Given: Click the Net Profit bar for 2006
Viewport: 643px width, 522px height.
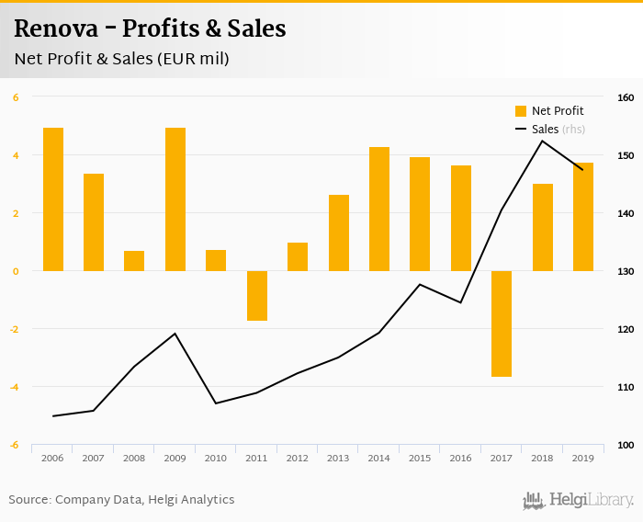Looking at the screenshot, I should coord(53,199).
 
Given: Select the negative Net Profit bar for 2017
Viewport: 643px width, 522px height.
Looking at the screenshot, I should coord(502,323).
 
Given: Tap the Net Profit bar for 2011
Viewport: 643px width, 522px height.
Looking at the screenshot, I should coord(257,296).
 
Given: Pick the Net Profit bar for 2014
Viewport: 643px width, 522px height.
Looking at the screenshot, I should coord(379,209).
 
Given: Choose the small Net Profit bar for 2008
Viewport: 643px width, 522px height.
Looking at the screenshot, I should coord(134,261).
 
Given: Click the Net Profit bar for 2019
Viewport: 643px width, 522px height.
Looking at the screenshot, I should coord(583,217).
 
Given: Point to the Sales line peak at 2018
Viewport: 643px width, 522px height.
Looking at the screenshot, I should coord(542,141).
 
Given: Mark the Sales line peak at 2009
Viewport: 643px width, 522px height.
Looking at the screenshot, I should coord(175,333).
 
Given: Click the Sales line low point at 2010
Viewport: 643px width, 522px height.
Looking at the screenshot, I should coord(216,403).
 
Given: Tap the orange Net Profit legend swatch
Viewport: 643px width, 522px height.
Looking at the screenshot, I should coord(521,111).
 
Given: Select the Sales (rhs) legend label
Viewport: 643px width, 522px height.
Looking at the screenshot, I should coord(558,130).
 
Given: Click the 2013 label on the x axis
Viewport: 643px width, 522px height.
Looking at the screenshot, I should coord(338,458).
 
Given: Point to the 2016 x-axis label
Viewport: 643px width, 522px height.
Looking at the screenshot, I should coord(460,458).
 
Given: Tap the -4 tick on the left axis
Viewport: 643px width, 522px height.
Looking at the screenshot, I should coord(16,387).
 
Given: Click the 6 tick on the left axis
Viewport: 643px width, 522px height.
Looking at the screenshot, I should coord(16,97).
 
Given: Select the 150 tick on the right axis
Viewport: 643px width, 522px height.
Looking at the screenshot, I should coord(625,155).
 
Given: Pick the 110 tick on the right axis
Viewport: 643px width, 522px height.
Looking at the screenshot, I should coord(625,387).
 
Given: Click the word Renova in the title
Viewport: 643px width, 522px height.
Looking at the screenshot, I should coord(56,29).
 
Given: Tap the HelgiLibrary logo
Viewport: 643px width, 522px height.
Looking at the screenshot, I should coord(578,500).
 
